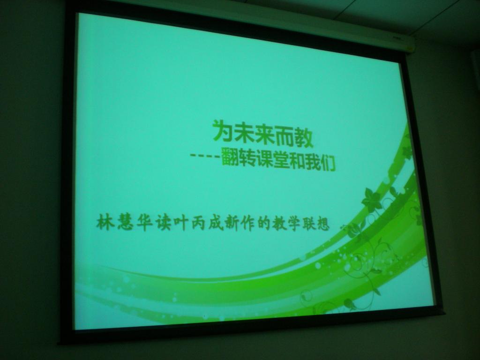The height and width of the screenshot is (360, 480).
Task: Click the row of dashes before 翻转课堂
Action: (204, 155)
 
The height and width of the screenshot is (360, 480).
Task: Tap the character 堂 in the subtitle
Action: (281, 160)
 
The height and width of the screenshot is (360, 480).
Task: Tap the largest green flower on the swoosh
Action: (371, 200)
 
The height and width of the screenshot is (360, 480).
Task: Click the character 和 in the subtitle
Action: (297, 161)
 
